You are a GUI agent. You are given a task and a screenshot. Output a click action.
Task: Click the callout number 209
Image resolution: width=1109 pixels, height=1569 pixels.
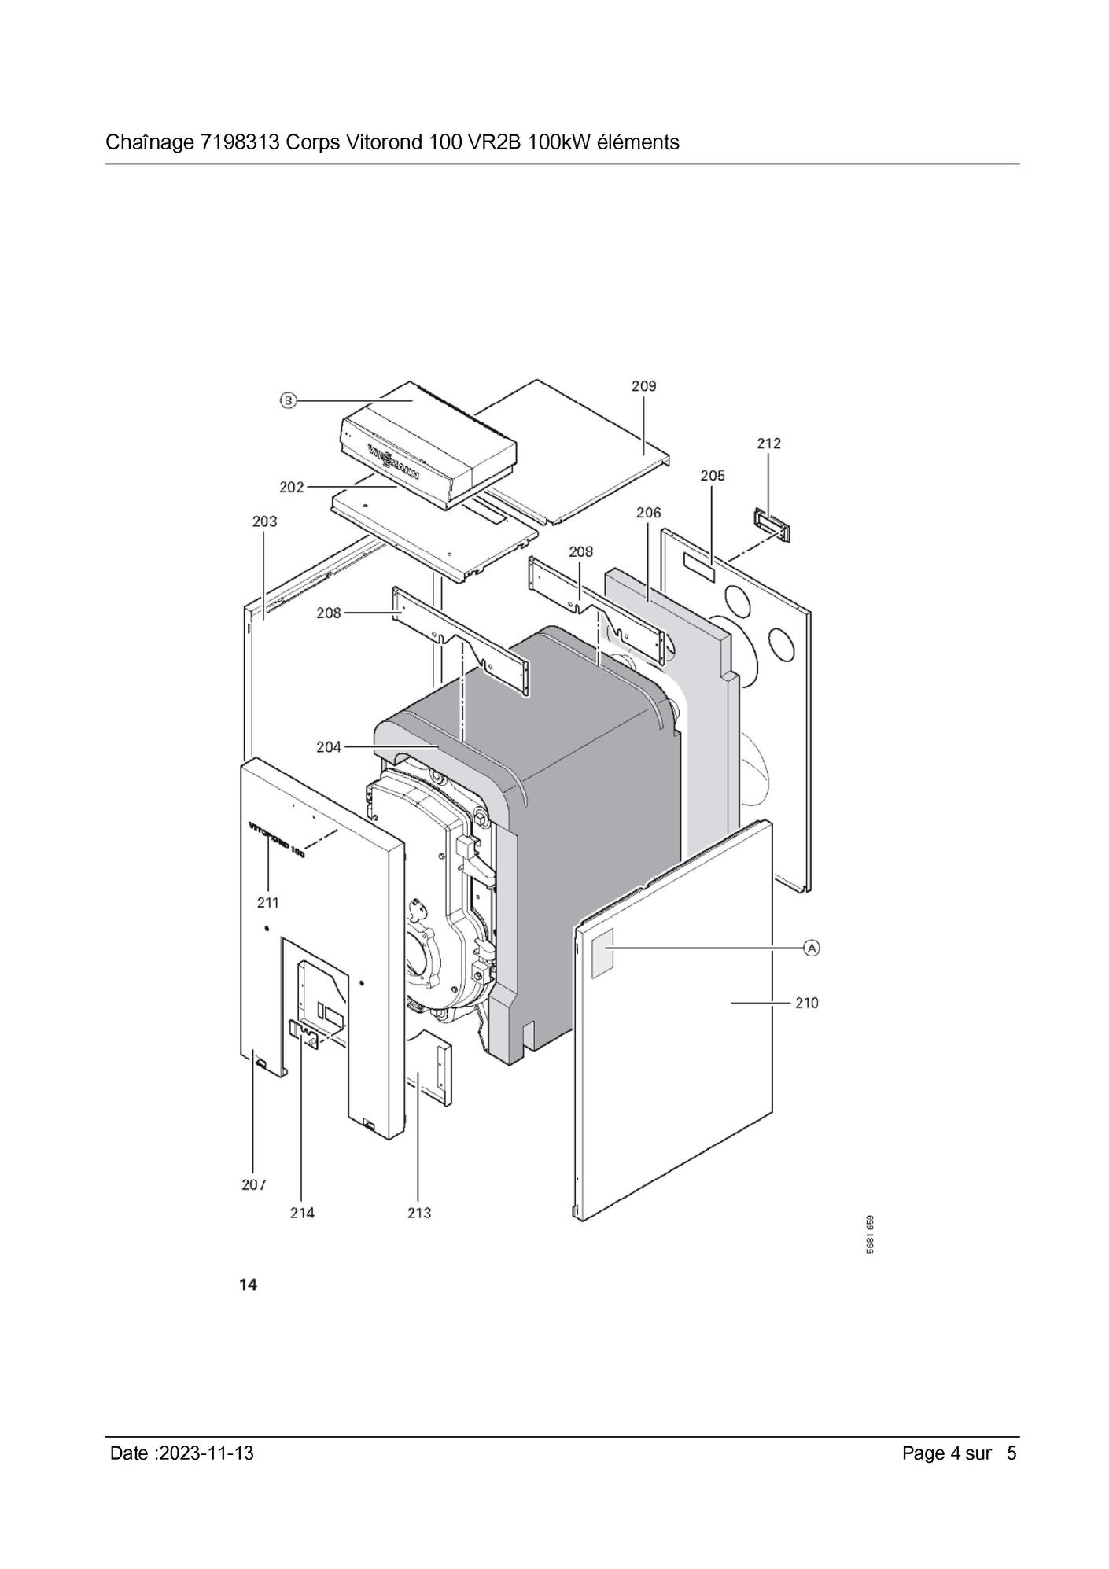[643, 386]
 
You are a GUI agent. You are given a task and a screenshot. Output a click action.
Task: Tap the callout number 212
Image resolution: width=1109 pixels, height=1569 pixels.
[768, 444]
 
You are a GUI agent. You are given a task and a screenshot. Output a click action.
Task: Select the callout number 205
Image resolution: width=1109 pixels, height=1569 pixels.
[712, 476]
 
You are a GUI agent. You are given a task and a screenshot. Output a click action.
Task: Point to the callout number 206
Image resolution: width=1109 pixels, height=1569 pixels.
[648, 513]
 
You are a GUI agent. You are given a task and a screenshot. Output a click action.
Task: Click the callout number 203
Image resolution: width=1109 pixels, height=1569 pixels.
[264, 521]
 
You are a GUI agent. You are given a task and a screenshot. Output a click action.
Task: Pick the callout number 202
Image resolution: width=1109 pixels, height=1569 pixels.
[291, 488]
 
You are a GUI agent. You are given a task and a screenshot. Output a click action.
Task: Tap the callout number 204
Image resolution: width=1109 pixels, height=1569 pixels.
[329, 746]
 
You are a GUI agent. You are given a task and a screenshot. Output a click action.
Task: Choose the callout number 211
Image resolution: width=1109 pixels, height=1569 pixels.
[267, 903]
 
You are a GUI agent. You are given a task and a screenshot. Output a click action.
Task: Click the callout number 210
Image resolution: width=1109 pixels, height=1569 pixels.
[806, 1003]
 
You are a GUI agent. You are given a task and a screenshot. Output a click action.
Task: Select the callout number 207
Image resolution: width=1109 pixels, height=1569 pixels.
[253, 1184]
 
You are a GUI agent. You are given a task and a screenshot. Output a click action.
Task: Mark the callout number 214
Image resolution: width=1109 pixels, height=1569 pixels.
[302, 1213]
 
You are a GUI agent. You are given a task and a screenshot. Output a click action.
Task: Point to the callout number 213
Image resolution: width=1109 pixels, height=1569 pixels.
[419, 1213]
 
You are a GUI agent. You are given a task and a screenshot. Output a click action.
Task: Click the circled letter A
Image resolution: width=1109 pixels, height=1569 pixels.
[812, 948]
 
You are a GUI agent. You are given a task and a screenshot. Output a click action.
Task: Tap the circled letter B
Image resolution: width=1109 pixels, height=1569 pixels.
[288, 401]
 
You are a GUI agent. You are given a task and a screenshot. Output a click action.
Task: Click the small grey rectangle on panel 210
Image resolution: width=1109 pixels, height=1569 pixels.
[602, 952]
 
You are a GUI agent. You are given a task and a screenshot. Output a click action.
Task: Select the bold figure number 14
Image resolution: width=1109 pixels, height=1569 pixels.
[248, 1285]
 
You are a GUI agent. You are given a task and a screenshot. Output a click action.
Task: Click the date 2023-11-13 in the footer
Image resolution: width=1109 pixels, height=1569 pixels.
[206, 1453]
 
